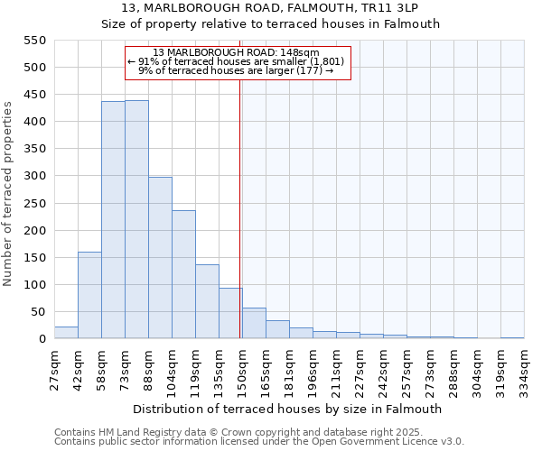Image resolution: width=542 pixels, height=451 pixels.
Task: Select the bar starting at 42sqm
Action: point(89,295)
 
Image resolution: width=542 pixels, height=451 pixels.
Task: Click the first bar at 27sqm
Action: point(66,333)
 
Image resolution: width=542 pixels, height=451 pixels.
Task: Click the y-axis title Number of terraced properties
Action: point(9,194)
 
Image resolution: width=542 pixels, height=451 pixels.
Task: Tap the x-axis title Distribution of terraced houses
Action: point(289,409)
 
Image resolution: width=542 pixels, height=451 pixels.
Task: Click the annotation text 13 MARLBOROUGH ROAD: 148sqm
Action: point(236,52)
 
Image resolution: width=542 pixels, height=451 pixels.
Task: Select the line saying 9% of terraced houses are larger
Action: point(236,71)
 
